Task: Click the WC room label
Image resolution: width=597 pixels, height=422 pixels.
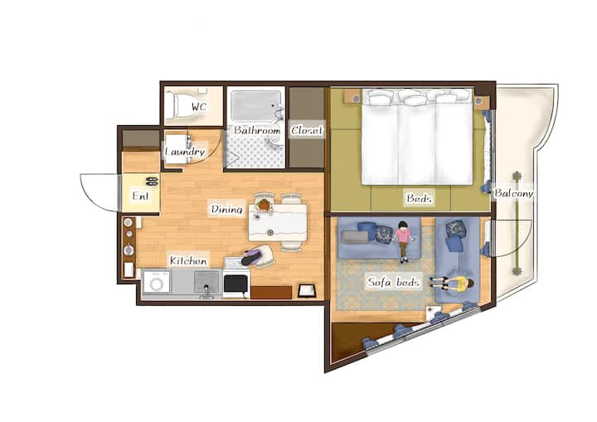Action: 198,107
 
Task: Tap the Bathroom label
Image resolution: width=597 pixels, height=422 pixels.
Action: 257,130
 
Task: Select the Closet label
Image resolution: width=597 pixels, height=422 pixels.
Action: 307,130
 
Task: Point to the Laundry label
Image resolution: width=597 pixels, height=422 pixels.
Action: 185,152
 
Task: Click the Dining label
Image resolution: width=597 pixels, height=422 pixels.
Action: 226,209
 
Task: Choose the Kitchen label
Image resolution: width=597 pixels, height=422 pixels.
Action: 188,261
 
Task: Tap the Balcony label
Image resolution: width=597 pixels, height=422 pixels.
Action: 513,193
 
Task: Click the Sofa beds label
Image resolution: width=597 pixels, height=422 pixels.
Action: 393,282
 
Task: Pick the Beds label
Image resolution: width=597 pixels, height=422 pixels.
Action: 419,198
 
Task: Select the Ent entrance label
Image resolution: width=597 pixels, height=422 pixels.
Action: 140,196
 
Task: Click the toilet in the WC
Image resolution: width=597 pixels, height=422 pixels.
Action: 178,105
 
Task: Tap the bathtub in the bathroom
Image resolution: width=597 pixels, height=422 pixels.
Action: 255,105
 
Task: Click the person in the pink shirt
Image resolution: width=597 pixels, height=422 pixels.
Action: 402,241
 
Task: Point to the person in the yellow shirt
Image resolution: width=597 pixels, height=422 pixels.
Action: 453,284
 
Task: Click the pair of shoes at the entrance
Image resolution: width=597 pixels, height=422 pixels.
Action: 152,182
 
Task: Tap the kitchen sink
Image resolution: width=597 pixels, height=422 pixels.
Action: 207,282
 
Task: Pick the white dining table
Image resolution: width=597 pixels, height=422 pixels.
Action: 278,222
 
